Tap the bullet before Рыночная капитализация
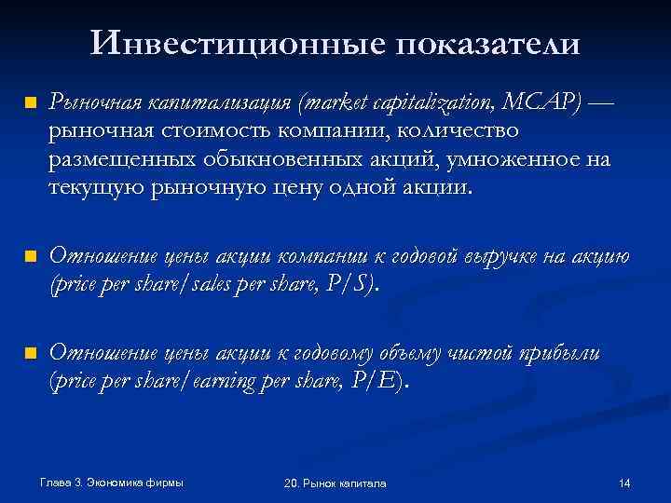click(x=30, y=102)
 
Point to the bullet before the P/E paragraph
click(x=30, y=353)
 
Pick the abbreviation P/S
click(x=352, y=284)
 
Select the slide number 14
click(x=624, y=483)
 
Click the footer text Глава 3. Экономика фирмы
click(x=112, y=483)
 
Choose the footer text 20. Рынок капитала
click(x=335, y=484)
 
